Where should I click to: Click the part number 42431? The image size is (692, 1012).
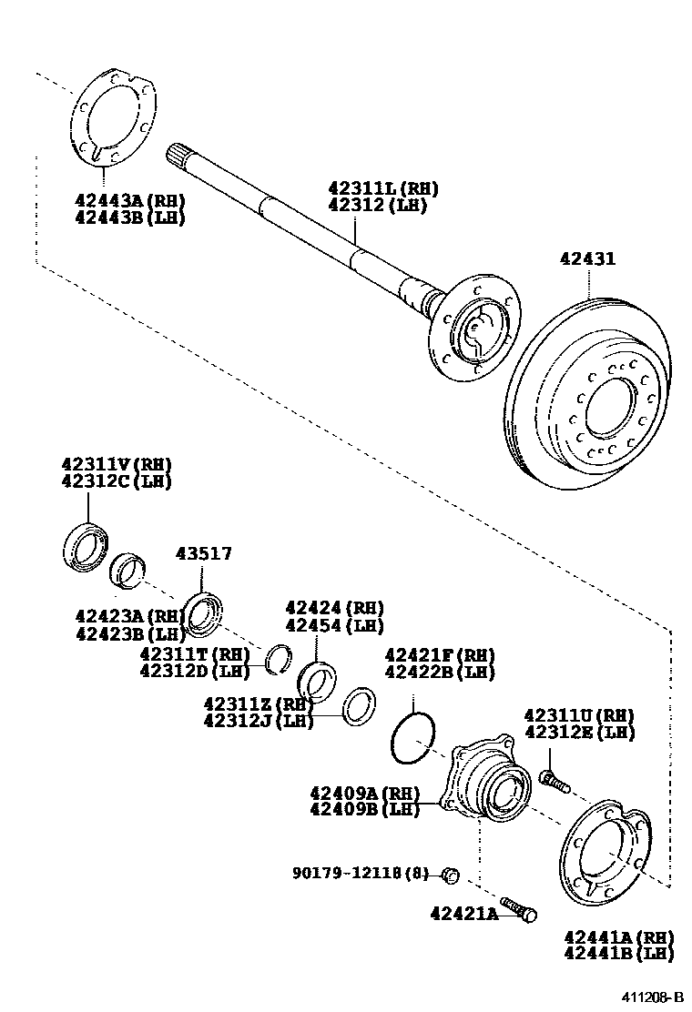point(587,259)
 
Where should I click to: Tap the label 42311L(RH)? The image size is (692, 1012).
point(382,188)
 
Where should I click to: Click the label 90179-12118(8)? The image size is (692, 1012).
point(360,873)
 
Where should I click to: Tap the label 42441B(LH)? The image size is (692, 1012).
point(618,954)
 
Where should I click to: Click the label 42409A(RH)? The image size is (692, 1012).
point(364,792)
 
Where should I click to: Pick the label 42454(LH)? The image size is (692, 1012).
point(334,625)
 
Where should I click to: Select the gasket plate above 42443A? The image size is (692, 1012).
point(111,117)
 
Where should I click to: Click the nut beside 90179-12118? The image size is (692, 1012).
point(448,875)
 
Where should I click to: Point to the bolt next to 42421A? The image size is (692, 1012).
point(520,909)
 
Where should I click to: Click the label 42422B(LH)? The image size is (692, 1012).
point(440,673)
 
